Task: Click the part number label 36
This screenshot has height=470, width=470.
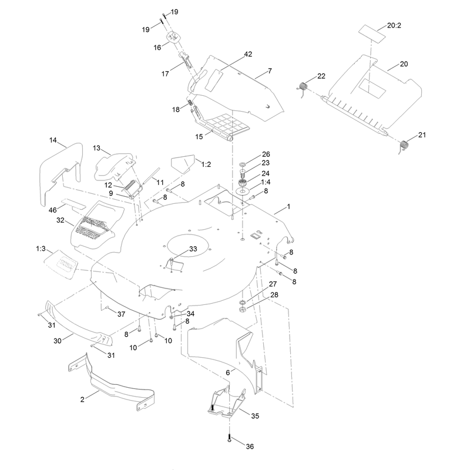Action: [x=250, y=446]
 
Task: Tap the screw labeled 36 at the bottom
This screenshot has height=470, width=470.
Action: [x=229, y=437]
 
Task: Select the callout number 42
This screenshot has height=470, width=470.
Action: [x=248, y=54]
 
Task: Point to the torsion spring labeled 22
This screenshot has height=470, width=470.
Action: [x=303, y=87]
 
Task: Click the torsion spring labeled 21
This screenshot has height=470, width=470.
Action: [x=404, y=146]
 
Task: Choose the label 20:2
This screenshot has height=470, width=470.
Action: [x=394, y=25]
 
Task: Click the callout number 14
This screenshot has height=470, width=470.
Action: [x=53, y=140]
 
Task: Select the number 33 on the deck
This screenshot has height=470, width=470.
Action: [x=193, y=249]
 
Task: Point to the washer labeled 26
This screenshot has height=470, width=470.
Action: [x=243, y=164]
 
